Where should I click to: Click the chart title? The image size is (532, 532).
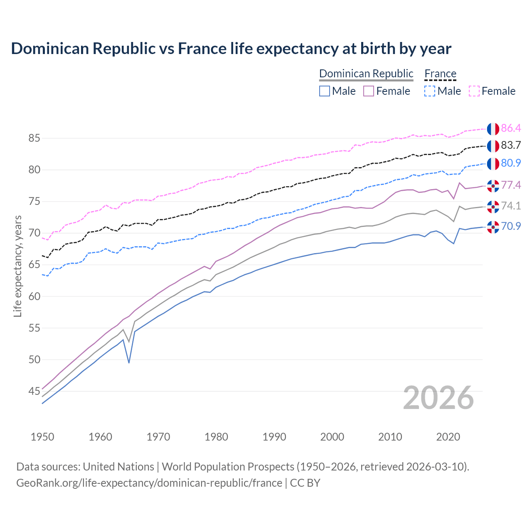click(231, 49)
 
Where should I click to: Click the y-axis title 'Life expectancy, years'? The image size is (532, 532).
click(17, 266)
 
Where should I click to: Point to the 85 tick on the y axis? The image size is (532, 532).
click(34, 138)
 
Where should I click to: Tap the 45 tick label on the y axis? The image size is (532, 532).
click(34, 391)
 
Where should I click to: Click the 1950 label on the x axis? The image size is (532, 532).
click(42, 437)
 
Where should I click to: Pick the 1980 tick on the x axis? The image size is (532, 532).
click(216, 437)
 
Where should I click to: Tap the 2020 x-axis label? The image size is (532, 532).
click(448, 437)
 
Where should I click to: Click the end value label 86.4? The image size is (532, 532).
click(511, 128)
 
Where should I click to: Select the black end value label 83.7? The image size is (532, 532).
click(511, 145)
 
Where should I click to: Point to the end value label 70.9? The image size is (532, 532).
click(511, 227)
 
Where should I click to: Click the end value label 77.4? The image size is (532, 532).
click(511, 185)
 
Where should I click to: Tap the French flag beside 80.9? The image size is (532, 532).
click(493, 163)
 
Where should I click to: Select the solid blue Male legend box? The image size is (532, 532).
click(325, 91)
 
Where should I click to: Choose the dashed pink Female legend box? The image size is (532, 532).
click(474, 91)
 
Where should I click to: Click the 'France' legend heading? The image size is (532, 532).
click(441, 74)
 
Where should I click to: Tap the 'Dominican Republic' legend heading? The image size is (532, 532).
click(366, 74)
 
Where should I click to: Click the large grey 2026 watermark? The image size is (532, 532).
click(438, 398)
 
